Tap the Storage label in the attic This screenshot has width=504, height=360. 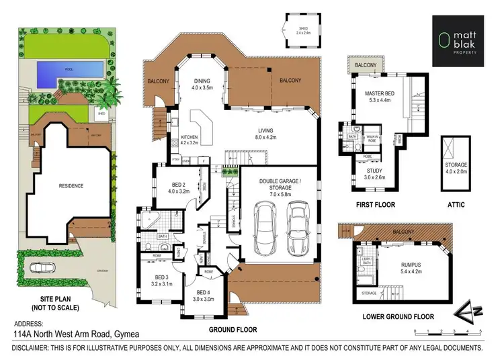pyautogui.click(x=456, y=168)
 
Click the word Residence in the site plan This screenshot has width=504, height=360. pyautogui.click(x=71, y=185)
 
